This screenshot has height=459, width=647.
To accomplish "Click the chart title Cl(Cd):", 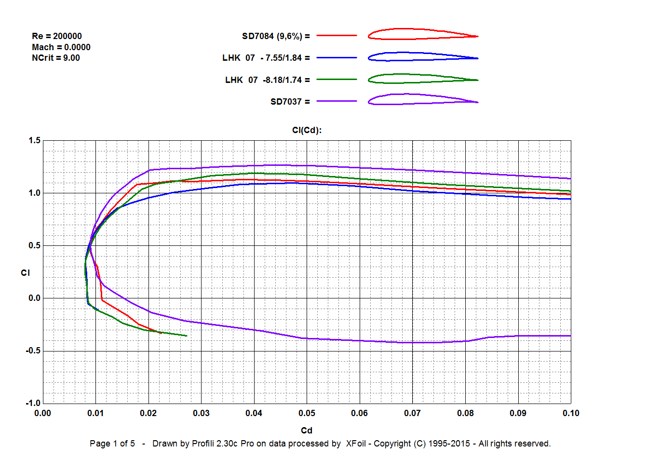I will pyautogui.click(x=307, y=130).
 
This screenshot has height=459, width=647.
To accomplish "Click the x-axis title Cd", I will pyautogui.click(x=307, y=431).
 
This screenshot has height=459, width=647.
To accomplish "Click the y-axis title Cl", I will pyautogui.click(x=26, y=273).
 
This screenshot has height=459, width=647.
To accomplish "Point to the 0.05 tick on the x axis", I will pyautogui.click(x=307, y=413).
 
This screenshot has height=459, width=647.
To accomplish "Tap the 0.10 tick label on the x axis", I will pyautogui.click(x=571, y=413).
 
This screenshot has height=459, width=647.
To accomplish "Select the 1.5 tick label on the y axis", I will pyautogui.click(x=34, y=141).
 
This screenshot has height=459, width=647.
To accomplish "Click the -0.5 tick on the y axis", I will pyautogui.click(x=33, y=351).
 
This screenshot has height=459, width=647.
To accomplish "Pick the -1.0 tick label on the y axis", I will pyautogui.click(x=33, y=403).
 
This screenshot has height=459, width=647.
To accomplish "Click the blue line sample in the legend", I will pyautogui.click(x=337, y=58).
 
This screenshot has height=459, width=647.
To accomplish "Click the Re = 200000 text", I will pyautogui.click(x=57, y=36).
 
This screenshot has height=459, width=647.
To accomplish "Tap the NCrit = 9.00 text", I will pyautogui.click(x=56, y=58).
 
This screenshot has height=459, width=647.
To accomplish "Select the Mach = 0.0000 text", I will pyautogui.click(x=61, y=47).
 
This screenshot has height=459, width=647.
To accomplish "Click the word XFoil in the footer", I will pyautogui.click(x=356, y=444).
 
